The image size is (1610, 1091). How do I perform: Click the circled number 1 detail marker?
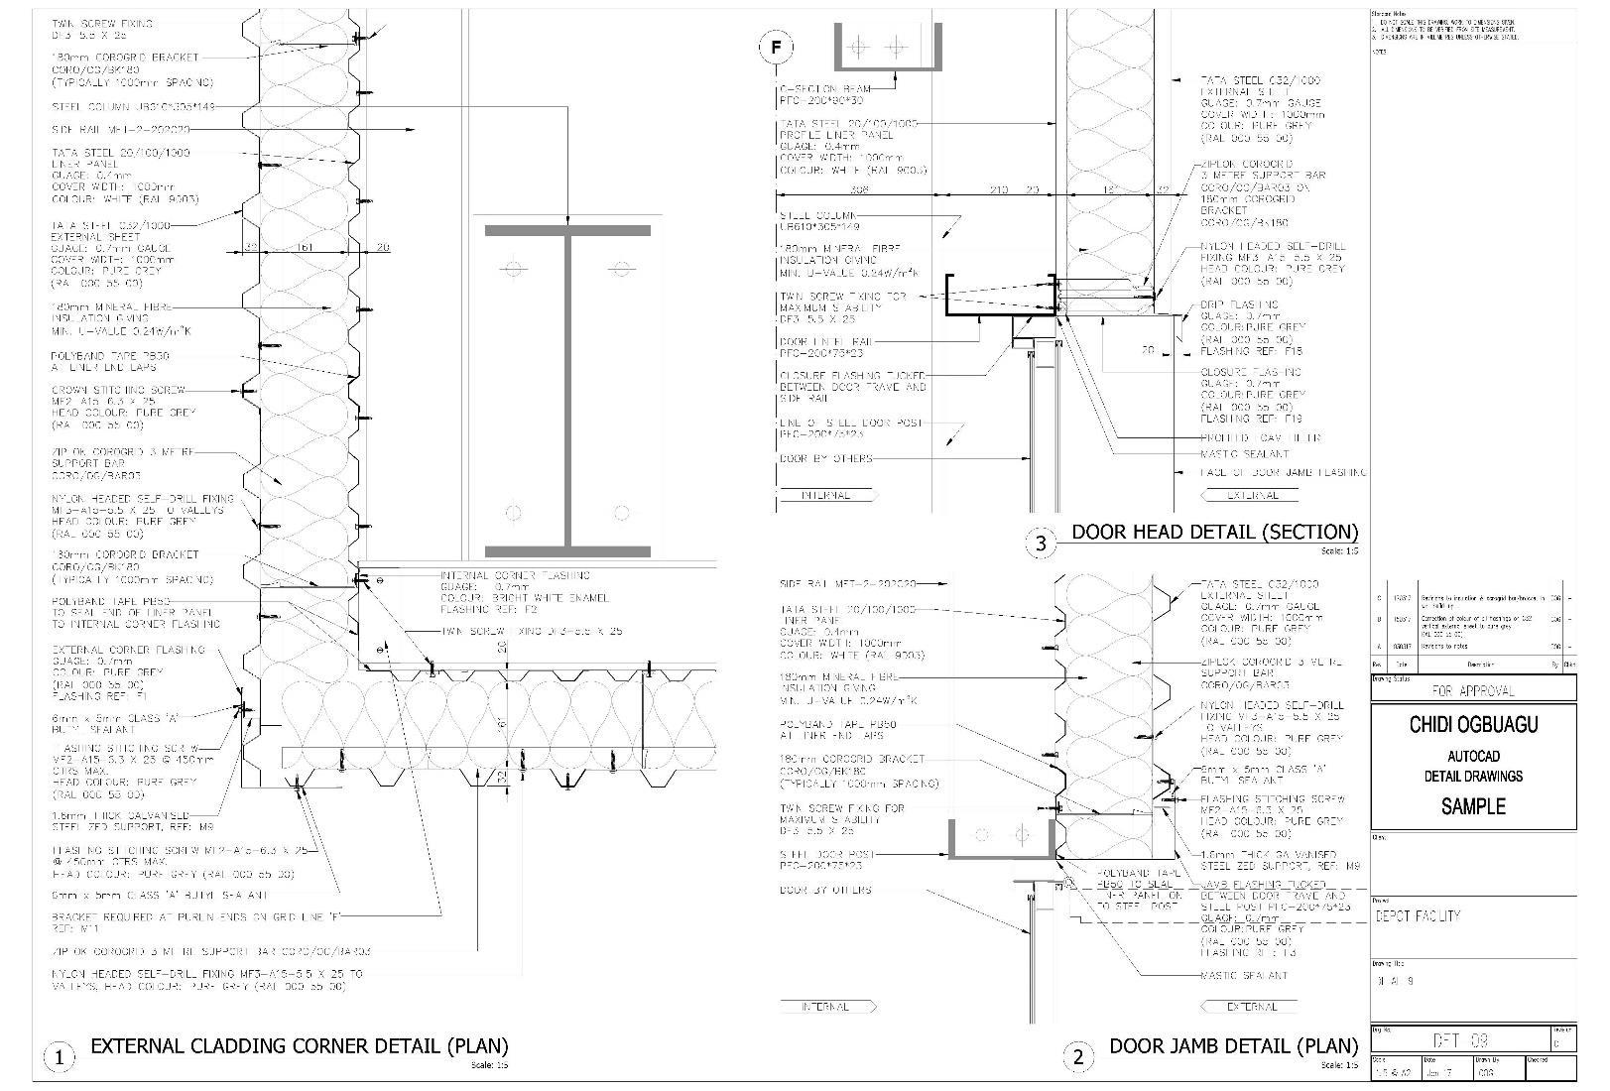[x=60, y=1057]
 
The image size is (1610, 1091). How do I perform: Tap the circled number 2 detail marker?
[x=1079, y=1057]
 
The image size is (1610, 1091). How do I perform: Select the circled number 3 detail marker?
[x=1041, y=543]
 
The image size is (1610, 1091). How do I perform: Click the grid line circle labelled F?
[x=775, y=48]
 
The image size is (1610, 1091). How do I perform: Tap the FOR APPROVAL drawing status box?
[x=1473, y=690]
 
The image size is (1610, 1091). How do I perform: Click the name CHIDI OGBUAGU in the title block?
[x=1473, y=725]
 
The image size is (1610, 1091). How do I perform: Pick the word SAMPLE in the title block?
[x=1473, y=806]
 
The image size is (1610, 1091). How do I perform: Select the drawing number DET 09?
[x=1461, y=1040]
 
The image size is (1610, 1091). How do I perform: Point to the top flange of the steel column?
[x=568, y=230]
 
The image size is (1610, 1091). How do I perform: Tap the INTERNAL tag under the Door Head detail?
[x=825, y=495]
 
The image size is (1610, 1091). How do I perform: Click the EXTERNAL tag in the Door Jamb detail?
[x=1253, y=1007]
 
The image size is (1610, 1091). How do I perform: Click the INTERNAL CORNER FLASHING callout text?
[x=515, y=575]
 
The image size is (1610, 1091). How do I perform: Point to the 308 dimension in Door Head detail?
[x=859, y=189]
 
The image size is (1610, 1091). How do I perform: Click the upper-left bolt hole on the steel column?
[x=514, y=268]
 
